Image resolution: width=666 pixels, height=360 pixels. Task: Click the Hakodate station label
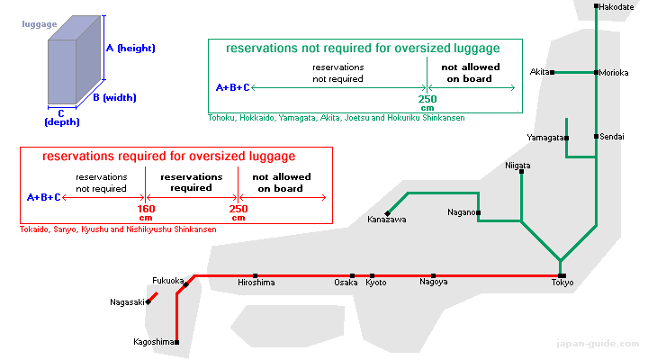(616, 7)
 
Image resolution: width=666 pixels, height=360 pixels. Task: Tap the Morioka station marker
(596, 73)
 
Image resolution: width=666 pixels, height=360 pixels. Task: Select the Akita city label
(539, 72)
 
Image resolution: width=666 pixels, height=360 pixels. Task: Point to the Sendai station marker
(596, 136)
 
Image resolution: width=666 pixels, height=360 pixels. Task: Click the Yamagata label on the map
(544, 138)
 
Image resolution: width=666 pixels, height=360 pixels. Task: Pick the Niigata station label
(517, 166)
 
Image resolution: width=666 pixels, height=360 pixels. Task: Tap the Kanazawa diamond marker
(387, 213)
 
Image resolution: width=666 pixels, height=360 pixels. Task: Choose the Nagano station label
(462, 212)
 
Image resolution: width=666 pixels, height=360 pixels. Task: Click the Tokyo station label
(562, 283)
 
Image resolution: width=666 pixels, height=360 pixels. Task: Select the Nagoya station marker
(433, 276)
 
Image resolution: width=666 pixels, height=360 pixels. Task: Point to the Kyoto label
(376, 283)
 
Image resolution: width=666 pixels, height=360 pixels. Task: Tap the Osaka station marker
(352, 276)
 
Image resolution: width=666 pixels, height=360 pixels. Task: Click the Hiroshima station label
(256, 283)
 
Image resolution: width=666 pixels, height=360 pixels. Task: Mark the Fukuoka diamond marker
(185, 285)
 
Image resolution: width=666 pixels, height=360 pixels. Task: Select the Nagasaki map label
(127, 302)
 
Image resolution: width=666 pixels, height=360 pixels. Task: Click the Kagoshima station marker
(176, 342)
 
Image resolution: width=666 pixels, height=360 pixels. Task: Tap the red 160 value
(146, 209)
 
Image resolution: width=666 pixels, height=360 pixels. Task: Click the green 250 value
(427, 99)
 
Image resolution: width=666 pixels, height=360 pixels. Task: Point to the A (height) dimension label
(130, 49)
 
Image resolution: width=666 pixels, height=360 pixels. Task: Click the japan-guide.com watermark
(598, 344)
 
